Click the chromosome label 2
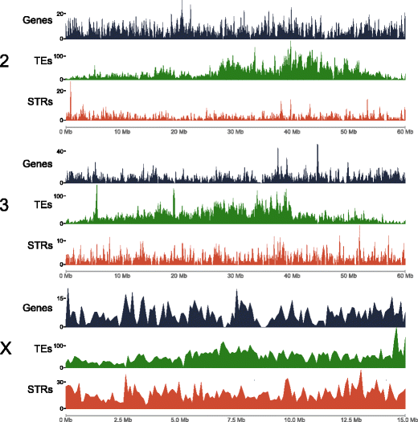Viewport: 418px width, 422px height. (x=6, y=62)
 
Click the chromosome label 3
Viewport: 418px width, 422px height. (x=6, y=205)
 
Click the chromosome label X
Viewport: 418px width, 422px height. (x=6, y=349)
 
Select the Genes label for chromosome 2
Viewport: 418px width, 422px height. (x=38, y=19)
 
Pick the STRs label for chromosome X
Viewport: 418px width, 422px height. (x=39, y=390)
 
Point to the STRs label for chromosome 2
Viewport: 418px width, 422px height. (x=39, y=102)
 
